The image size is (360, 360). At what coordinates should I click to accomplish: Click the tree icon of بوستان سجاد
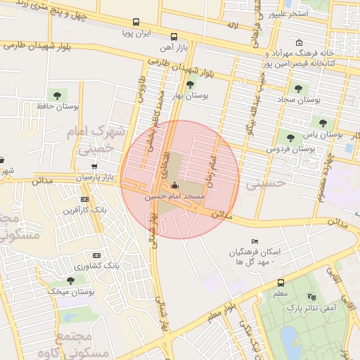click(x=298, y=89)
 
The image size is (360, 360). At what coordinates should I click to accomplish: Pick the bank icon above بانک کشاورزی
click(x=96, y=255)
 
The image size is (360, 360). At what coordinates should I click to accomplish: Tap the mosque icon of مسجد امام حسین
click(x=174, y=186)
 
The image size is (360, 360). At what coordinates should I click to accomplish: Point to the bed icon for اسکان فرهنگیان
click(x=255, y=241)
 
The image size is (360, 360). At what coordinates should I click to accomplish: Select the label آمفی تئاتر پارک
click(x=318, y=307)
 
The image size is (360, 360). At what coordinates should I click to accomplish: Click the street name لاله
click(x=232, y=26)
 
